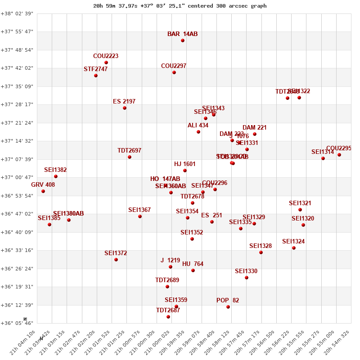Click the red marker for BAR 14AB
[x=183, y=40]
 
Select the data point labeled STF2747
[x=96, y=76]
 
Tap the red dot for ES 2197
[x=125, y=108]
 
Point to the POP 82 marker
[x=228, y=307]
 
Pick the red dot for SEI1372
[x=116, y=260]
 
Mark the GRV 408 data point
[x=43, y=191]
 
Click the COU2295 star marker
[x=339, y=155]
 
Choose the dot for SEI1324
[x=294, y=248]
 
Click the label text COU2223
[x=106, y=56]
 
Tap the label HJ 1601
[x=185, y=164]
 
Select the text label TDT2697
[x=129, y=151]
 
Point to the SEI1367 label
[x=139, y=210]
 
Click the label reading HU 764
[x=193, y=264]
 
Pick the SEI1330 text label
[x=246, y=271]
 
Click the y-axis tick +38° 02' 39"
[x=17, y=13]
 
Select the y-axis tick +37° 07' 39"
[x=17, y=159]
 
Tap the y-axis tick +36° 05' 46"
[x=17, y=323]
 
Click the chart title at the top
[x=180, y=6]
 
